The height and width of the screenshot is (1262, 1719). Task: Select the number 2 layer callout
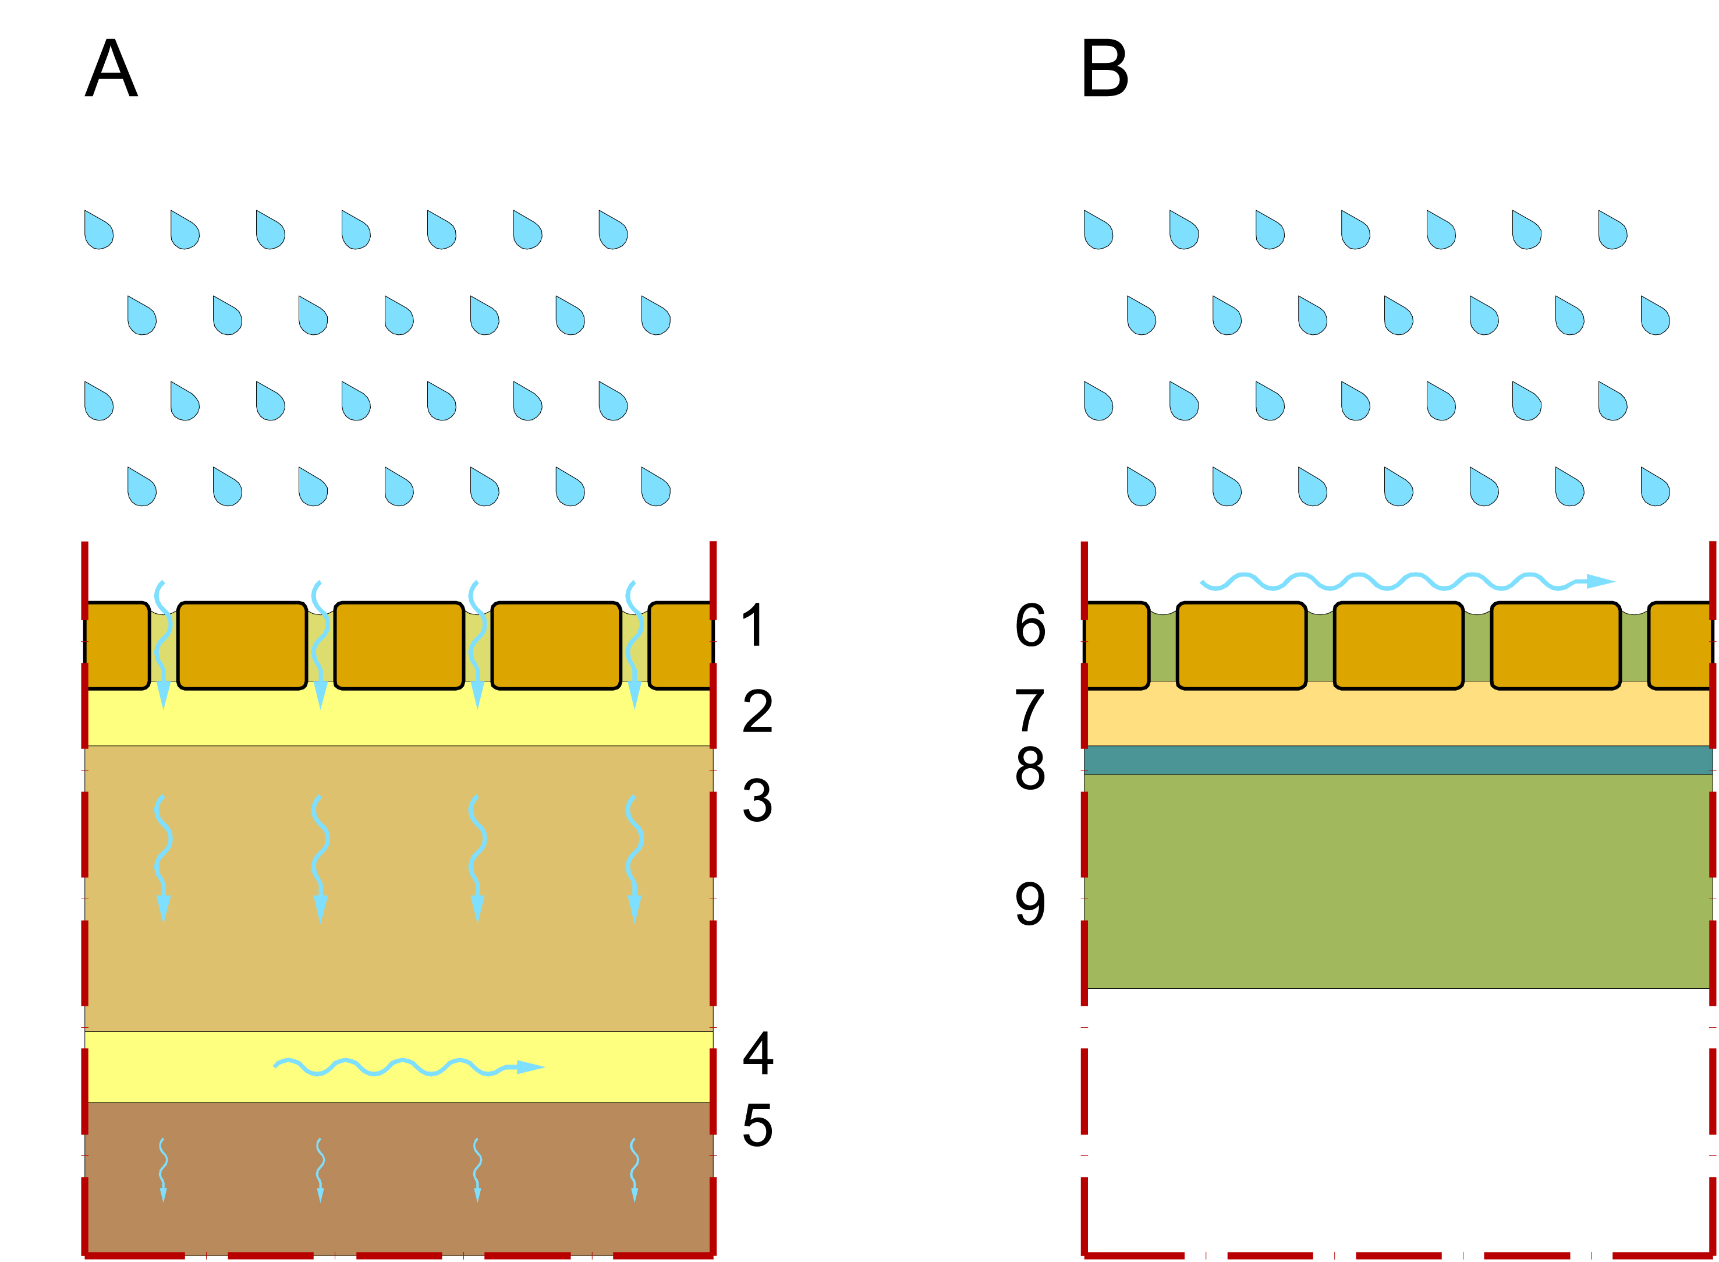pos(757,711)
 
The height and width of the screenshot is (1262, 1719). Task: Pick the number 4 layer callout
pos(757,1053)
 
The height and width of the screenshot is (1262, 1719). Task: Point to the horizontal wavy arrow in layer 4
pos(409,1067)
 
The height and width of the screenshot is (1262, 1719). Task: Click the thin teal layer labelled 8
pos(1398,760)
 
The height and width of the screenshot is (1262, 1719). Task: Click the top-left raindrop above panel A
pos(98,230)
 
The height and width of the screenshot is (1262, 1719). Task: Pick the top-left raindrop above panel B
pos(1097,230)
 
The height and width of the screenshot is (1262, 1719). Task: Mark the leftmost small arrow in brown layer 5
pos(162,1169)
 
